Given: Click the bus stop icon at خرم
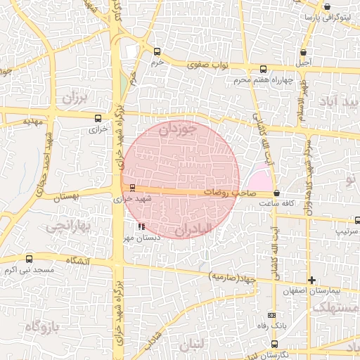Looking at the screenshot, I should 157,51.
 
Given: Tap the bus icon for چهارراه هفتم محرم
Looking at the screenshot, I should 263,69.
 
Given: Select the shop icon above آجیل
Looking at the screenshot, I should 303,52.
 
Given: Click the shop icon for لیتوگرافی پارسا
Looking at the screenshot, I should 307,16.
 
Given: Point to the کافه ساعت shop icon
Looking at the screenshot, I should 276,193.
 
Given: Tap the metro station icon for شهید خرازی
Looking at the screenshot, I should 132,186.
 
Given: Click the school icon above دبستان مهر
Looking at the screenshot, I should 141,227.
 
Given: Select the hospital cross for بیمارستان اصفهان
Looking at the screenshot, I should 312,280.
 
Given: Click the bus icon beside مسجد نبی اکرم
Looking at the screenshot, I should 28,258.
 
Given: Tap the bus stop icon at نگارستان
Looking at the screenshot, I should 274,343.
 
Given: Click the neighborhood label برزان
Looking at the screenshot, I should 72,98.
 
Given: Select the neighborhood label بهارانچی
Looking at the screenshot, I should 65,226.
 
